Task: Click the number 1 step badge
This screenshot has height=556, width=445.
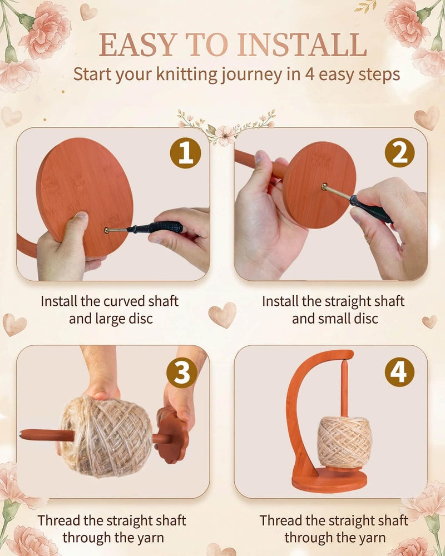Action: (x=185, y=153)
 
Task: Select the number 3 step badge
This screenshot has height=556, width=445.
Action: (x=182, y=373)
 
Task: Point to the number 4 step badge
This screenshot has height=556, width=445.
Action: (x=399, y=372)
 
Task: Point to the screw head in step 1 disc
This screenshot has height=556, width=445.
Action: (x=107, y=231)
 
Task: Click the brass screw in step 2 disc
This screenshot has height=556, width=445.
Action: (x=324, y=186)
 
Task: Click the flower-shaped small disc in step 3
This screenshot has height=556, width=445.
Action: (x=172, y=436)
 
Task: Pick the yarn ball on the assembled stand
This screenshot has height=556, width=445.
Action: (x=344, y=442)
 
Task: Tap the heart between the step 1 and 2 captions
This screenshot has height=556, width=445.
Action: (x=222, y=315)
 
